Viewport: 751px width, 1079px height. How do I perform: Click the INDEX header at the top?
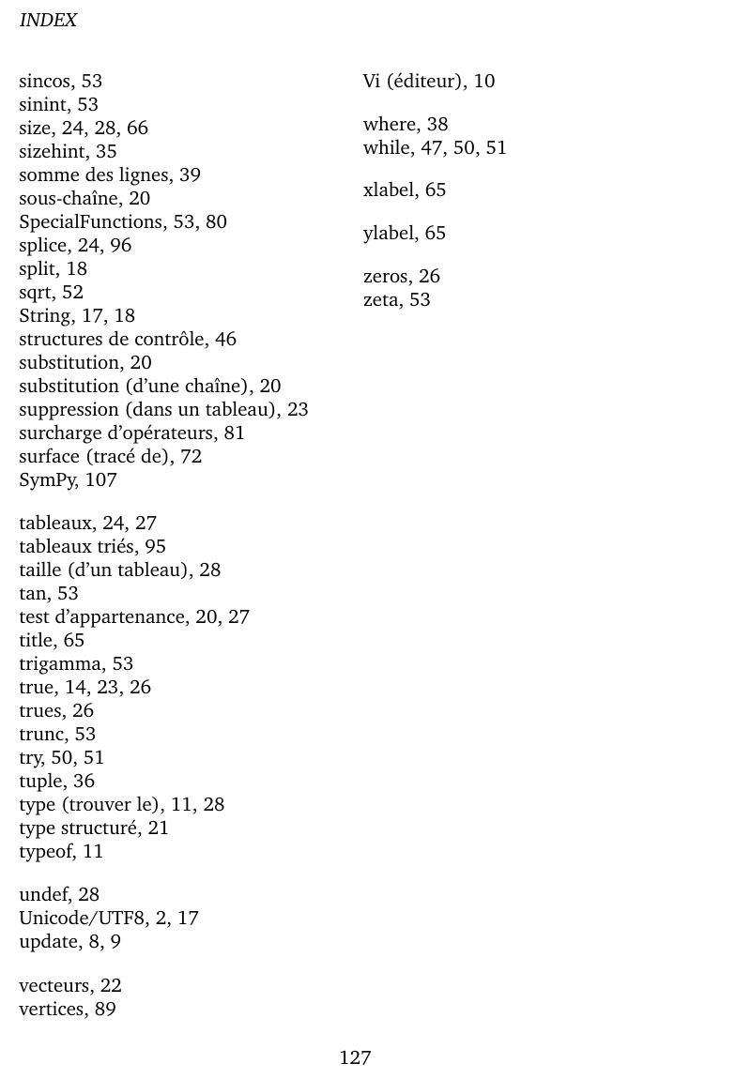pyautogui.click(x=48, y=20)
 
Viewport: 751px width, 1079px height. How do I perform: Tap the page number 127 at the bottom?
pyautogui.click(x=355, y=1058)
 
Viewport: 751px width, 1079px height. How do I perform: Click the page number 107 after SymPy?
pyautogui.click(x=100, y=479)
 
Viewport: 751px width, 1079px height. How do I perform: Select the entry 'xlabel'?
pyautogui.click(x=389, y=190)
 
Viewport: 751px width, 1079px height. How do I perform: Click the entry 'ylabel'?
pyautogui.click(x=389, y=233)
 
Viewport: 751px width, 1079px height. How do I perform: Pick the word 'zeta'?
pyautogui.click(x=381, y=299)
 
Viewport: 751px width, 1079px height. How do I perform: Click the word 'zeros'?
pyautogui.click(x=385, y=276)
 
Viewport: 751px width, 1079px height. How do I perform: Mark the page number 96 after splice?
pyautogui.click(x=120, y=245)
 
